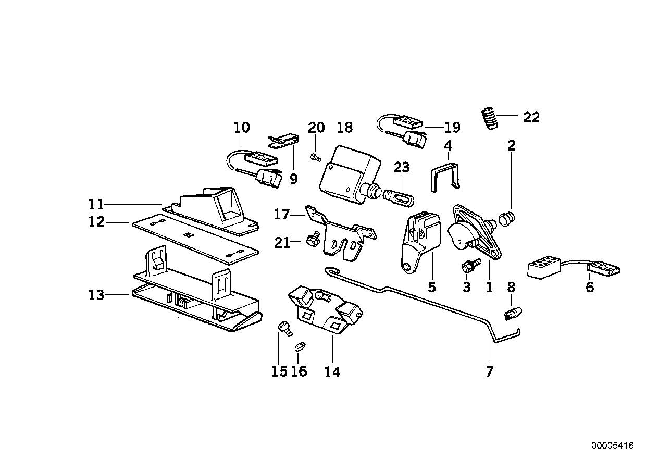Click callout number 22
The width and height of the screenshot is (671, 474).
point(531,117)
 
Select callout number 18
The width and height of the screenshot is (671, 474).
point(344,128)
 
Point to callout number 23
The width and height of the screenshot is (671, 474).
point(402,168)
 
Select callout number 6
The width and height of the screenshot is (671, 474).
point(589,287)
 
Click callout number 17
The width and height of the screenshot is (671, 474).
point(281,214)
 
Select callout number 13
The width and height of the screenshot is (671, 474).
point(97,295)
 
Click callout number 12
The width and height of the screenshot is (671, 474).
point(97,223)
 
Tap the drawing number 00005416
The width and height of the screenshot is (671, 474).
point(612,446)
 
